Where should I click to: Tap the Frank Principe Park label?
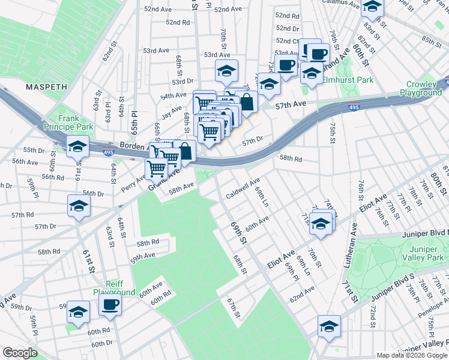[x=68, y=123]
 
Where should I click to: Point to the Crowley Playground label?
[x=424, y=88]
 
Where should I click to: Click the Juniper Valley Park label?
[x=426, y=253]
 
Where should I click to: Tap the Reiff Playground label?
[x=113, y=288]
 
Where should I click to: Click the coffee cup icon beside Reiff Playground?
[x=110, y=306]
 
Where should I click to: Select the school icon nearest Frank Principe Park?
[x=77, y=147]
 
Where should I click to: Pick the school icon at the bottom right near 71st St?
[x=329, y=326]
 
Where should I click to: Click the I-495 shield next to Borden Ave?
[x=108, y=152]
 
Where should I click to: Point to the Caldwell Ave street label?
[x=243, y=188]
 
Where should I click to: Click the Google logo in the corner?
[x=20, y=353]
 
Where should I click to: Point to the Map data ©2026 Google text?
[x=411, y=355]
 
